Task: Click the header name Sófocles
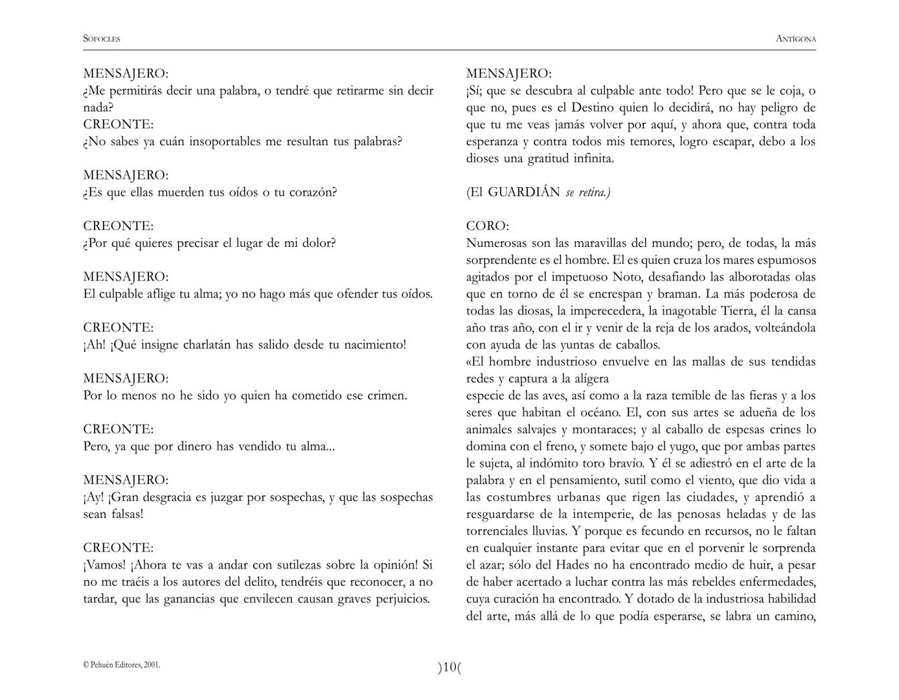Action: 102,39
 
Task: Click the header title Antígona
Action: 795,39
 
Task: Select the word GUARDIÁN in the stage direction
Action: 523,192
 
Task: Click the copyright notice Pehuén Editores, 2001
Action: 122,665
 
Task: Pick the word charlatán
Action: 207,345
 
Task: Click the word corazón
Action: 310,192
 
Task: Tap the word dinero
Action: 195,447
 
